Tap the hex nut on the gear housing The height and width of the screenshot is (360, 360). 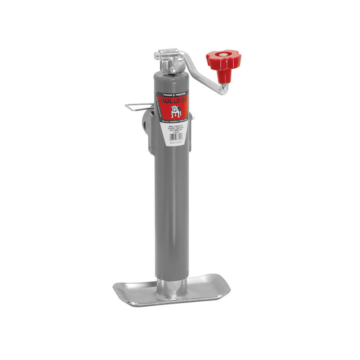[x=173, y=70]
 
